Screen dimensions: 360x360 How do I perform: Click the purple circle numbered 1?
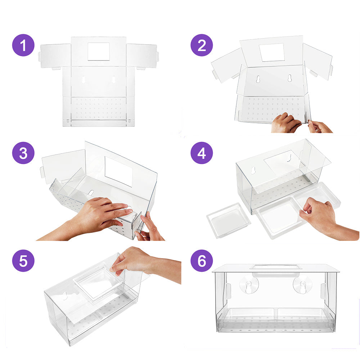(x=23, y=45)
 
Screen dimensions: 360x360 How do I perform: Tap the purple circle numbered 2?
(x=202, y=45)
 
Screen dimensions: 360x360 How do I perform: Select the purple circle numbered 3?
(x=23, y=153)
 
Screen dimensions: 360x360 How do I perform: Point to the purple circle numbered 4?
(x=202, y=153)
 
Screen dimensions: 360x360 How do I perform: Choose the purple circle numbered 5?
(x=23, y=261)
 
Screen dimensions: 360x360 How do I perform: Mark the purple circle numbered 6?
(x=202, y=261)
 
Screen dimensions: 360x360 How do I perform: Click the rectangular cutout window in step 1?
(x=99, y=51)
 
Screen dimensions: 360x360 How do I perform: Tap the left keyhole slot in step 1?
(x=84, y=80)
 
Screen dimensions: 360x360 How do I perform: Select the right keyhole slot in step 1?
(x=113, y=80)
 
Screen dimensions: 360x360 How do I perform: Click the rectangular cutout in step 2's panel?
(x=271, y=52)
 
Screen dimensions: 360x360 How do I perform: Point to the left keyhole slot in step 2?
(x=258, y=79)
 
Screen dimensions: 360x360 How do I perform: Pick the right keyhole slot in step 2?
(x=289, y=78)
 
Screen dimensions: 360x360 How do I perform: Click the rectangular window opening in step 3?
(x=119, y=171)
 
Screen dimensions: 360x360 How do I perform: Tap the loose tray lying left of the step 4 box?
(x=229, y=220)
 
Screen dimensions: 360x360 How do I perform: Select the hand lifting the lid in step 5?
(x=145, y=264)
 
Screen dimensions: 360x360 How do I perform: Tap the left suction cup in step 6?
(x=249, y=285)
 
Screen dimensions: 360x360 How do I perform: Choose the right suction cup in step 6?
(x=302, y=285)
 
